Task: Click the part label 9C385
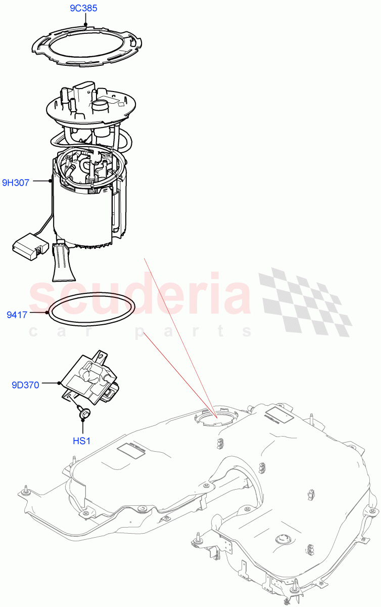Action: pos(83,8)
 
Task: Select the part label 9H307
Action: pos(16,183)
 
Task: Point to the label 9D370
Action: pos(25,385)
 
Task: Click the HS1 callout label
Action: pos(81,441)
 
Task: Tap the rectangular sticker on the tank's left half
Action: pos(130,450)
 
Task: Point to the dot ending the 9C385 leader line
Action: pos(86,24)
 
